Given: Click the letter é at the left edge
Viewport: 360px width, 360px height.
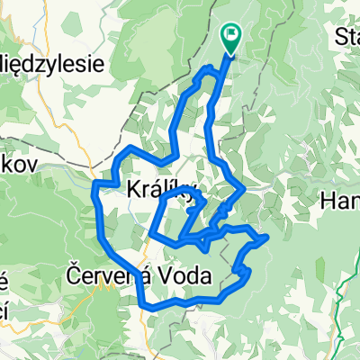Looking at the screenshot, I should pos(4,282).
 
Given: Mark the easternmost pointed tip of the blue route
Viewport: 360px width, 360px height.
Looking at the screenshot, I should pos(268,239).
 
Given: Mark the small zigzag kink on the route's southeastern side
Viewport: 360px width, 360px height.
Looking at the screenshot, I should pos(241,270).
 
